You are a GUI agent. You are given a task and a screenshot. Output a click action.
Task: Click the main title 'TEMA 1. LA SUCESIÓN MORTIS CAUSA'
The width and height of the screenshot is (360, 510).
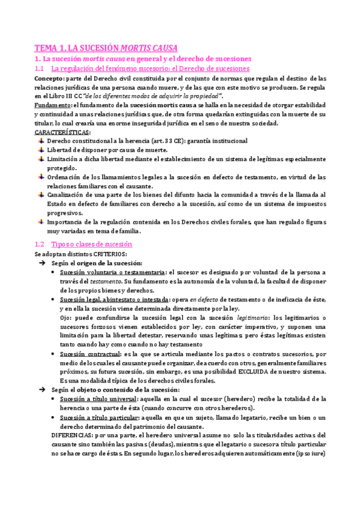click(106, 48)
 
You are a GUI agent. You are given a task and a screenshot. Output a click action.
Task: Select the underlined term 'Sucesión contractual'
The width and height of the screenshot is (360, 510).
click(88, 354)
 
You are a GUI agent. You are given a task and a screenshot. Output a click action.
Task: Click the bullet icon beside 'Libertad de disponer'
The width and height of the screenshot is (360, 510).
click(40, 150)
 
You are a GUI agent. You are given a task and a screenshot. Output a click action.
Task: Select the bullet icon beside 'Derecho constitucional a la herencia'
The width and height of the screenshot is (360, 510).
click(40, 141)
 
